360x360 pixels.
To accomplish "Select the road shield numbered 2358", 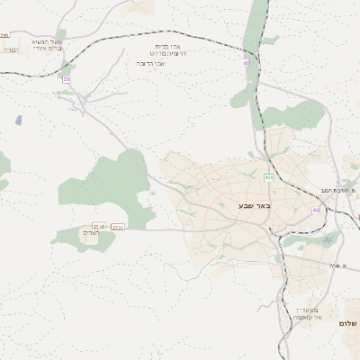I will click(x=99, y=227).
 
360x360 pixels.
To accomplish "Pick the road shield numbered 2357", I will click(x=117, y=227).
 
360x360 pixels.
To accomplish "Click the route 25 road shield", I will click(x=66, y=79).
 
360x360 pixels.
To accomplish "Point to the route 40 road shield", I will click(x=246, y=63).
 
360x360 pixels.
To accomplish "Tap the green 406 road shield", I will click(x=269, y=178).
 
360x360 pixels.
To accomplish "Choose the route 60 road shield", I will click(x=316, y=210).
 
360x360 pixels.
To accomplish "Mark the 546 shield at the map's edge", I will click(x=4, y=35).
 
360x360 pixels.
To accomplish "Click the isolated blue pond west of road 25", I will click(x=18, y=119).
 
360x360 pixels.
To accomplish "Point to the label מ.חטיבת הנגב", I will click(x=339, y=191).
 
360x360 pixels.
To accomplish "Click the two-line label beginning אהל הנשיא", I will click(x=47, y=45).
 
